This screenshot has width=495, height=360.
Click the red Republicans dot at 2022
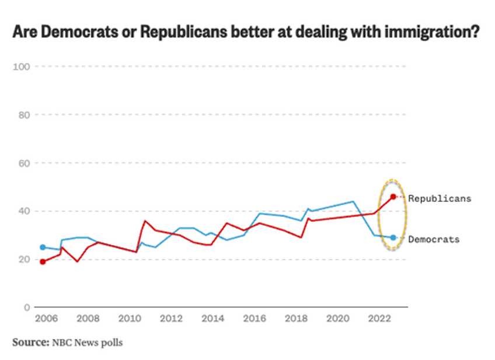click(393, 197)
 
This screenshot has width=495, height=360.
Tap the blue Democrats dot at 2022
click(393, 237)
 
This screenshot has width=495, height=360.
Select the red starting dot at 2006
click(43, 261)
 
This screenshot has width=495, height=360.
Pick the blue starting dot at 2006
click(43, 247)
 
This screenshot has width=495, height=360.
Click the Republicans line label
click(439, 198)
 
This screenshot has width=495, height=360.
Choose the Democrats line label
click(433, 239)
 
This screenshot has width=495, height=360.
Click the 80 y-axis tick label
click(24, 115)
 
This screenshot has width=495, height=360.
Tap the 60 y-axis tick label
click(24, 163)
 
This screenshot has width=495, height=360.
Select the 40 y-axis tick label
click(24, 211)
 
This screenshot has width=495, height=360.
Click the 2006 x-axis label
click(46, 319)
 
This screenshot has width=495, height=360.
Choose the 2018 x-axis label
click(295, 319)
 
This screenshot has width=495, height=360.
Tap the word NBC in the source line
click(63, 342)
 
